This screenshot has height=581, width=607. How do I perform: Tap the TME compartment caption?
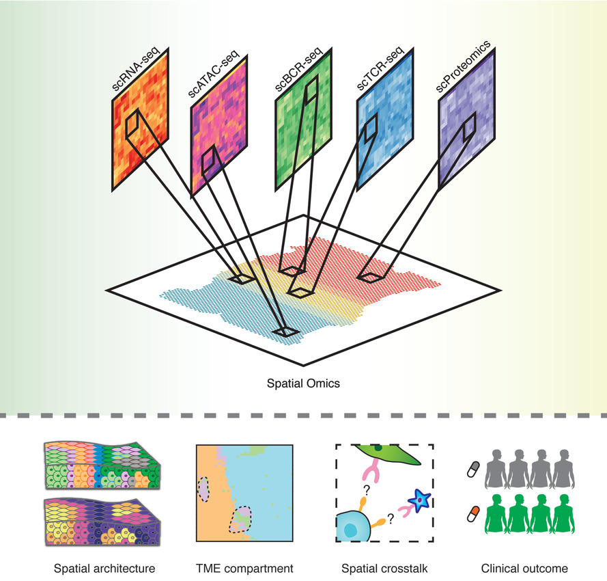coord(244,568)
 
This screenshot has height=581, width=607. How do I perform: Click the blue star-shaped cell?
coord(417,501)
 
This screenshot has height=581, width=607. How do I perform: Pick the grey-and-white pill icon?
coord(472,468)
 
